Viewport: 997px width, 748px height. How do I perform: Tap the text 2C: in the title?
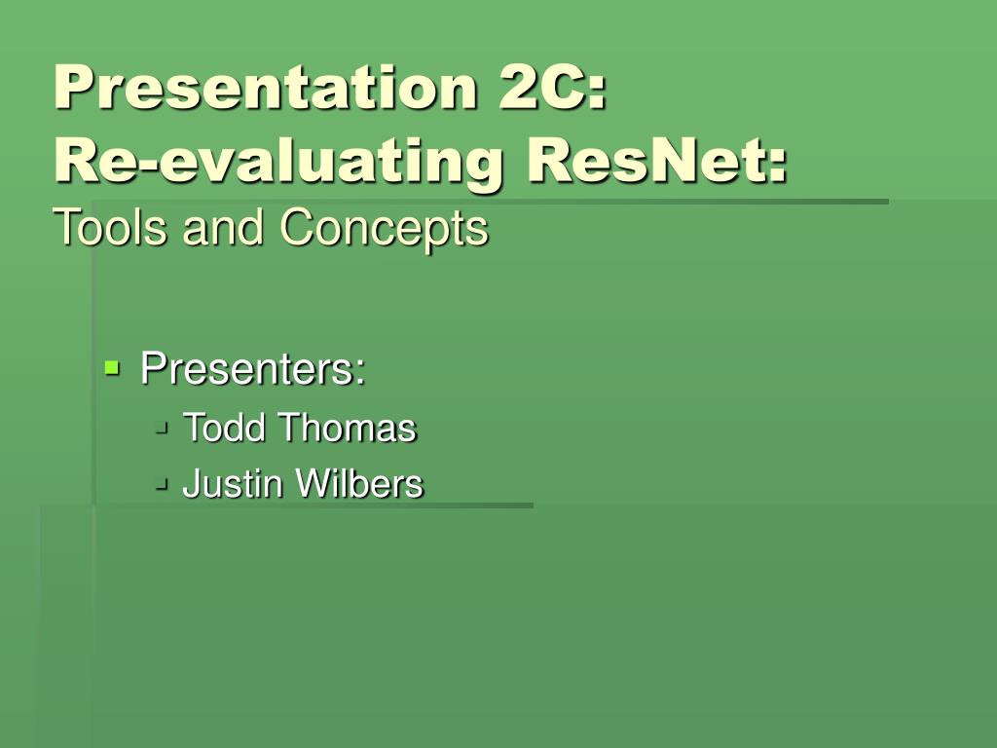(x=554, y=89)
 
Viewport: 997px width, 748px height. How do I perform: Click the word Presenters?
(x=253, y=369)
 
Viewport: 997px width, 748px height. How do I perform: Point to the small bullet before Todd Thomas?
(x=163, y=426)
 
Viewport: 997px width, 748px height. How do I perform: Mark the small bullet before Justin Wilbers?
(x=163, y=481)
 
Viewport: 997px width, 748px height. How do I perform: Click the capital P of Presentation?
(x=73, y=89)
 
